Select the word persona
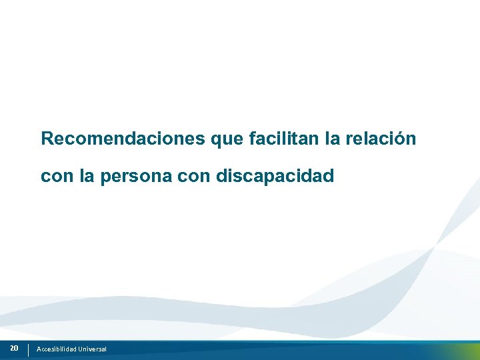(136, 177)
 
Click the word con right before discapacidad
(193, 177)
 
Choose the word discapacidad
(275, 176)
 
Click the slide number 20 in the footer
(14, 348)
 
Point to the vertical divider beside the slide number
(29, 349)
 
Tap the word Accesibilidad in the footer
(57, 349)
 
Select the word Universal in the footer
(92, 349)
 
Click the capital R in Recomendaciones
(47, 139)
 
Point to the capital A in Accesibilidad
(39, 349)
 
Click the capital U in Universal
(81, 349)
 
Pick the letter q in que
(216, 141)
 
